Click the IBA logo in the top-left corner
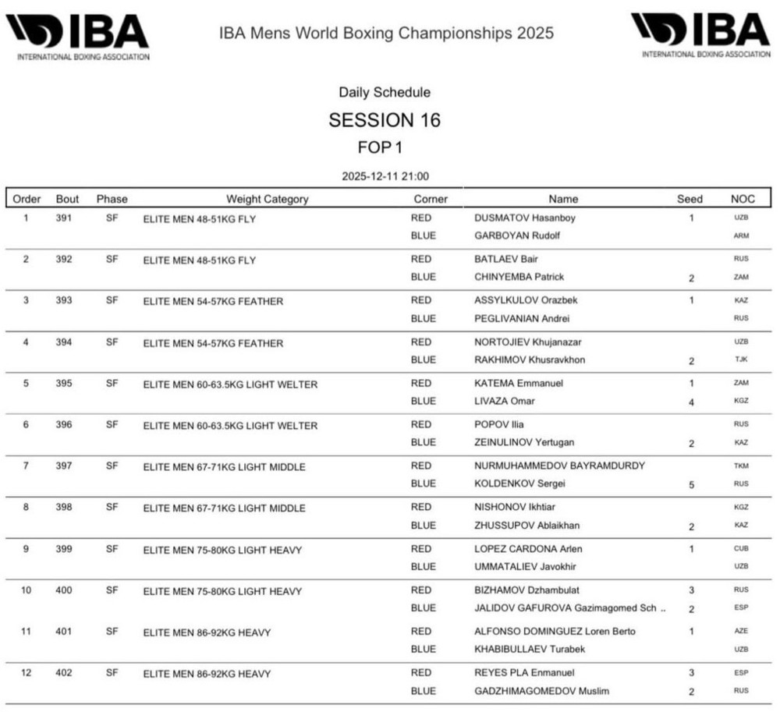(77, 36)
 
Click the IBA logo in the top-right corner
(700, 34)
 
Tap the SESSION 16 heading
(385, 120)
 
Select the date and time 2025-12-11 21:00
(385, 176)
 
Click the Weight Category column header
(267, 199)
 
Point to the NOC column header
(742, 199)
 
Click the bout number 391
(64, 218)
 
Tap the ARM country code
(741, 236)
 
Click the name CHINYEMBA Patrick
(519, 277)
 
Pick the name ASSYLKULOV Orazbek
(526, 300)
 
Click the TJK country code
(741, 360)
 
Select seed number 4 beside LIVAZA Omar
(691, 402)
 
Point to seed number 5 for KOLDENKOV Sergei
(691, 484)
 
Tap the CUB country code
(741, 549)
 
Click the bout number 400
(64, 590)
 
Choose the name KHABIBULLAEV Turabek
(530, 649)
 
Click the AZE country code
(741, 631)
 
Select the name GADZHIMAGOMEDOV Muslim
(541, 691)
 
